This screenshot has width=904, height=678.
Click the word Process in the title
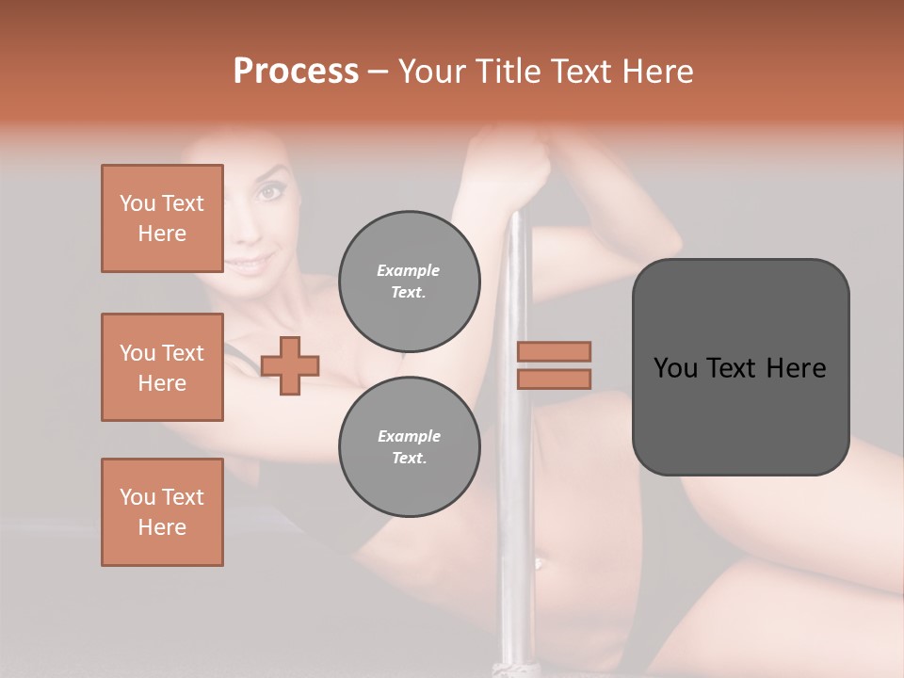click(296, 72)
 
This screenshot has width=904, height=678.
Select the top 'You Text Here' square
click(162, 218)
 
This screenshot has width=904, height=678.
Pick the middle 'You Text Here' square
click(162, 367)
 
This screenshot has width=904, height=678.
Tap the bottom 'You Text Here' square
click(162, 512)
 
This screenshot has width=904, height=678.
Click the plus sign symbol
click(290, 365)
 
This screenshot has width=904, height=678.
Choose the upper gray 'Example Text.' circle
click(409, 282)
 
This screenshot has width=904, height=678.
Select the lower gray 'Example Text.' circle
click(409, 447)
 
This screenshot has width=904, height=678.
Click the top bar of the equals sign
click(554, 351)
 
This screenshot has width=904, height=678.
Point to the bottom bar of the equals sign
click(554, 379)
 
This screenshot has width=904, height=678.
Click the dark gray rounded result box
click(740, 367)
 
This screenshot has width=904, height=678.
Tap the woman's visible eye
click(270, 192)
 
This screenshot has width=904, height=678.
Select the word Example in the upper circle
click(409, 270)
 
